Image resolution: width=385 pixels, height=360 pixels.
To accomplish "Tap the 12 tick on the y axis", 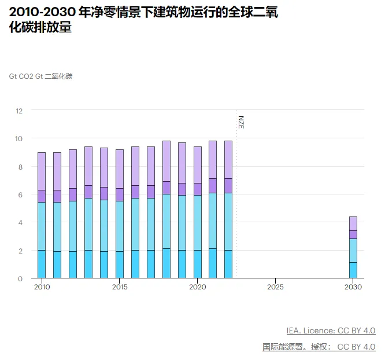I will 19,111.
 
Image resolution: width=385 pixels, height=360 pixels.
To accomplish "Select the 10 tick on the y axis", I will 19,138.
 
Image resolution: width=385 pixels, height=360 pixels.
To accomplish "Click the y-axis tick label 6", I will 20,194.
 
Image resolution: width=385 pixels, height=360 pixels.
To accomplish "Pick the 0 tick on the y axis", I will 20,278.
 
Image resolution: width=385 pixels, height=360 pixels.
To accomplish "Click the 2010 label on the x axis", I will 42,287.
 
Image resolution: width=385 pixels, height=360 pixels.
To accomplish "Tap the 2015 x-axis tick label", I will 120,287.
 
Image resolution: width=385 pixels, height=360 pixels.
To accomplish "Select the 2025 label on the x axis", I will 275,287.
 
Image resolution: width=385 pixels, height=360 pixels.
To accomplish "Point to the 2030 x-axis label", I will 353,287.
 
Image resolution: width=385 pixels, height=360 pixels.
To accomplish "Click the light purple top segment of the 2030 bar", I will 353,223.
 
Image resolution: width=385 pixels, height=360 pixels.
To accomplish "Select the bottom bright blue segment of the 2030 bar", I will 353,270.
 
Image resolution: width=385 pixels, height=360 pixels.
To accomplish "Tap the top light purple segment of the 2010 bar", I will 42,171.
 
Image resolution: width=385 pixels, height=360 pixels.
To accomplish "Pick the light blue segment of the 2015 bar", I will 120,226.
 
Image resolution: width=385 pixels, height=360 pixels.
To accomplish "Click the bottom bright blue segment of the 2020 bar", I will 198,265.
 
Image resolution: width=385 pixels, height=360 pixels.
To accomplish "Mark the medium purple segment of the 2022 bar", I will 228,186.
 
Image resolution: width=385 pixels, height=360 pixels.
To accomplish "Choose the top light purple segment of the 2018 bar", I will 166,161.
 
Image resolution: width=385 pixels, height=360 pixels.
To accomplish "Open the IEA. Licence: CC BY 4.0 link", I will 331,330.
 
